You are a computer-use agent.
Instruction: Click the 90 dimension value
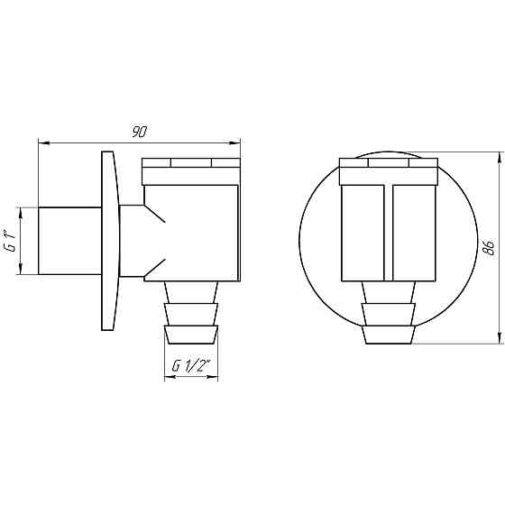[x=140, y=132]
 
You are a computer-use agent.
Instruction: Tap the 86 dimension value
[x=489, y=247]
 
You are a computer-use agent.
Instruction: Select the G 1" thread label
[x=11, y=241]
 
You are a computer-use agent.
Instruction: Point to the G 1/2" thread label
[x=191, y=365]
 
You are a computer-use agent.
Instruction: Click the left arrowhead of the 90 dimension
[x=44, y=142]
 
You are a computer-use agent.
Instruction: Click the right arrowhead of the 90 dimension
[x=234, y=142]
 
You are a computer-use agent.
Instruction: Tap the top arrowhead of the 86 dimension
[x=500, y=158]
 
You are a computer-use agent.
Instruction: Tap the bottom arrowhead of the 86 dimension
[x=500, y=338]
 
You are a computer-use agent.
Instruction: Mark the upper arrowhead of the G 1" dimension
[x=21, y=213]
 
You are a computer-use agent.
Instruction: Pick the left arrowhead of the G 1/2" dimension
[x=170, y=377]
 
